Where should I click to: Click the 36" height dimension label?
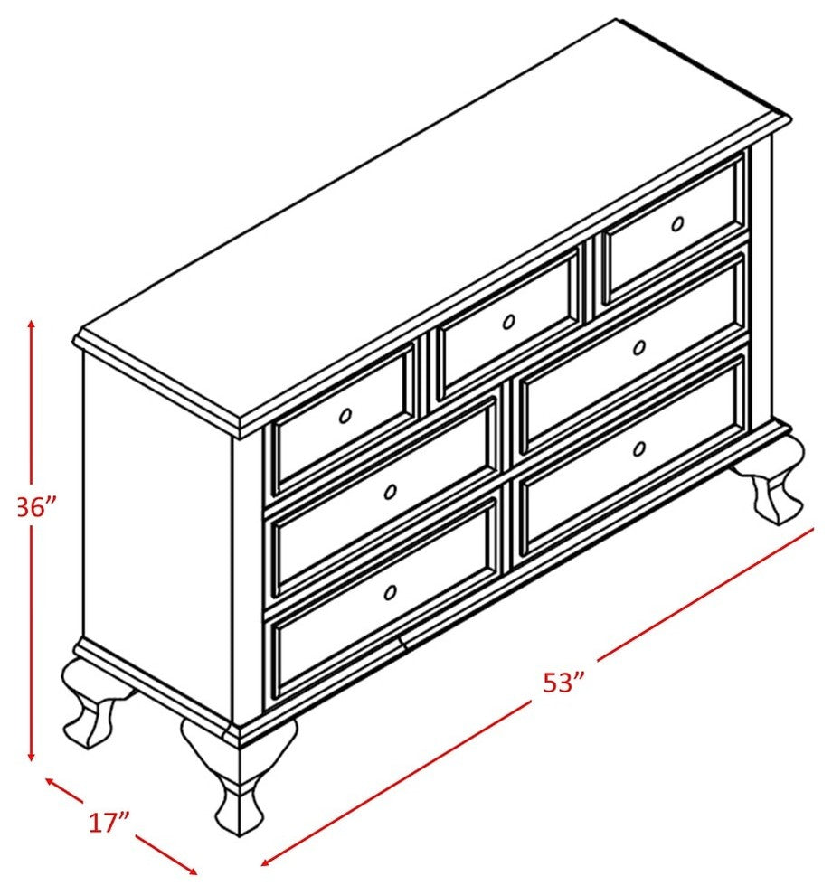click(x=37, y=507)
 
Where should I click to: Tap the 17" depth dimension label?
click(x=109, y=823)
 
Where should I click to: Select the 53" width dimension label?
click(x=563, y=682)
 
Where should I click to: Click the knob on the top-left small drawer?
click(x=345, y=416)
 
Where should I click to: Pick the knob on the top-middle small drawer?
click(x=508, y=323)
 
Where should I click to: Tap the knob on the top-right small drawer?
click(x=677, y=224)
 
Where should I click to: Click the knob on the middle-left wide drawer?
click(x=391, y=491)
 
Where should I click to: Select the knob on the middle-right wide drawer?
click(x=639, y=348)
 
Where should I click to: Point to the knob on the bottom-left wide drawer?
click(x=391, y=592)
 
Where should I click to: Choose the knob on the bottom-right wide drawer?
click(x=639, y=449)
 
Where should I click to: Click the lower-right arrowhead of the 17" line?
click(x=193, y=870)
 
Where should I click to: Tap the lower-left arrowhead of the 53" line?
click(x=265, y=864)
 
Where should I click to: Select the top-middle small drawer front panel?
click(x=509, y=323)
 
